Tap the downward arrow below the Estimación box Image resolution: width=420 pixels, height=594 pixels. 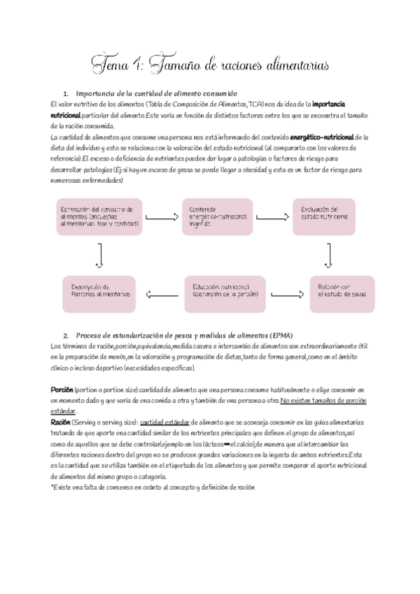[x=100, y=255]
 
